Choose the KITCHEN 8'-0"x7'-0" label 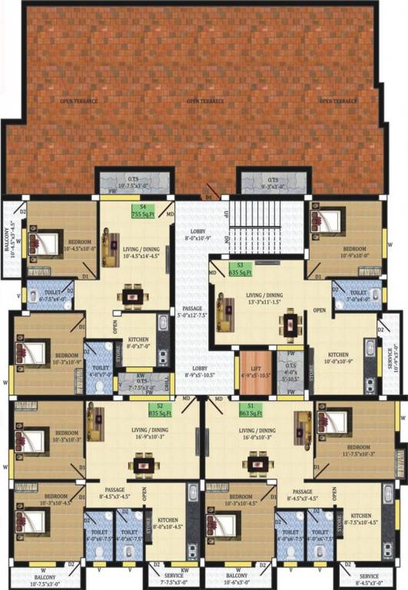click(x=138, y=343)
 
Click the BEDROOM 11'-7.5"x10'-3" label click(x=358, y=450)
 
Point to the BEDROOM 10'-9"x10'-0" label click(x=354, y=253)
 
